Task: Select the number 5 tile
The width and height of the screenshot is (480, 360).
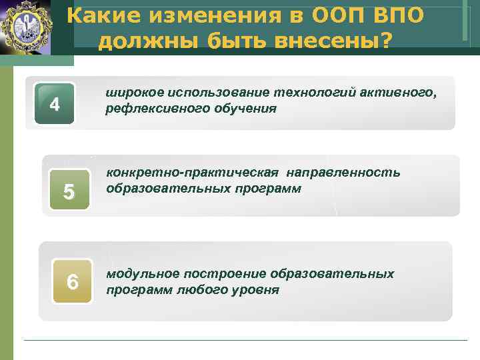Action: click(67, 192)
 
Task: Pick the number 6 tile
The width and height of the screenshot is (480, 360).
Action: click(73, 283)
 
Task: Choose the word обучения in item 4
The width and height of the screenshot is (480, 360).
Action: click(237, 108)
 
